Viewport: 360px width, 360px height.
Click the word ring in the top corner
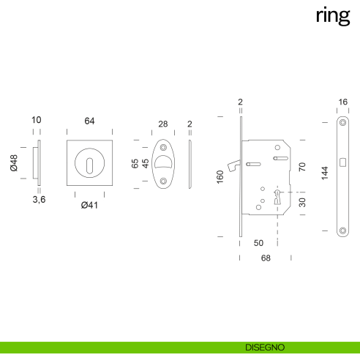tap(332, 15)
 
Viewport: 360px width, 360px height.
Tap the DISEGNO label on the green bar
tap(264, 347)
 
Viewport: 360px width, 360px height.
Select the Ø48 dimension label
tap(13, 163)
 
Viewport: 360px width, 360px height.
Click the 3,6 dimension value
tap(39, 199)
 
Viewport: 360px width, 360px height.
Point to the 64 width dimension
tap(89, 121)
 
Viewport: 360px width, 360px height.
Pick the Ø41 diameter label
tap(89, 205)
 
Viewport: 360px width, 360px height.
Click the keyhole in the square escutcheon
tap(89, 163)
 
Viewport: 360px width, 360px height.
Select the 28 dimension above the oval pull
tap(162, 124)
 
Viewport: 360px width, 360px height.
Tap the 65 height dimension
tap(135, 163)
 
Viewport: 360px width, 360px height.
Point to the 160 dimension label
tap(220, 176)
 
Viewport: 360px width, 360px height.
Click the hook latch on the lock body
tap(232, 167)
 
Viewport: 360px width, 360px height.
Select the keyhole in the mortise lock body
tap(278, 195)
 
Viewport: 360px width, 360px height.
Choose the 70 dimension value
tap(302, 167)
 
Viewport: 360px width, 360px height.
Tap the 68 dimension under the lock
tap(265, 258)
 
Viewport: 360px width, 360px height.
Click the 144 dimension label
tap(324, 173)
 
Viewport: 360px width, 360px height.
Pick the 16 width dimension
tap(342, 103)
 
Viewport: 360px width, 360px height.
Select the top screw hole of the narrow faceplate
tap(342, 121)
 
